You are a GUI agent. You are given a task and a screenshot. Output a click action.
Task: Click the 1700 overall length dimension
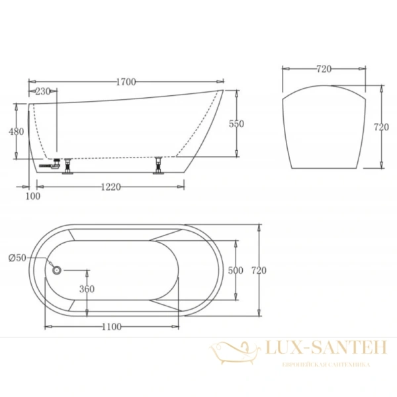tap(126, 82)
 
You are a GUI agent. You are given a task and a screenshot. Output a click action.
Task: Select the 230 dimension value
tap(43, 91)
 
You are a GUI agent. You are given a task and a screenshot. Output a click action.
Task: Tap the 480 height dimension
tap(16, 132)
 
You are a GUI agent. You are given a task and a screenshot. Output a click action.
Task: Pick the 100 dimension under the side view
tap(32, 195)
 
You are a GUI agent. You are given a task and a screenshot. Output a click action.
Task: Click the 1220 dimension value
tap(110, 187)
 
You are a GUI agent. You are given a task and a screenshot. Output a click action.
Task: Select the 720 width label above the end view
tap(324, 69)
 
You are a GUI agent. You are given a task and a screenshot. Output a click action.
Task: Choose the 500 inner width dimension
tap(235, 271)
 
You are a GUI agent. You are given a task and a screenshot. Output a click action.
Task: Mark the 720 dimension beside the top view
tap(259, 271)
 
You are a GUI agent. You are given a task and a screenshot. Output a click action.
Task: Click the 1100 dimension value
tap(112, 327)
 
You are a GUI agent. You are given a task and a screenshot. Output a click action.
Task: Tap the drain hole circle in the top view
tap(56, 270)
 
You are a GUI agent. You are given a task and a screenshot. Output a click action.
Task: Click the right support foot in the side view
tap(159, 165)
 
